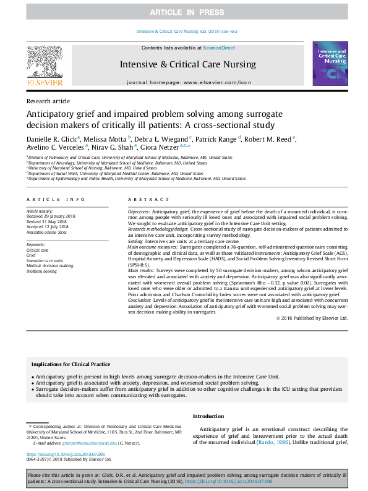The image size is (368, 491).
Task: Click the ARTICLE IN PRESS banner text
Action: tap(184, 12)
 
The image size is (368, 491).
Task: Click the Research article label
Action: tap(48, 101)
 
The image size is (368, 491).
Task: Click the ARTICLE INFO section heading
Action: tap(57, 199)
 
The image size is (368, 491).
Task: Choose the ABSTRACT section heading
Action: tap(147, 199)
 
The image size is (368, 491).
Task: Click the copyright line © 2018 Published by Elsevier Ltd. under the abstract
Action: tap(312, 318)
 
